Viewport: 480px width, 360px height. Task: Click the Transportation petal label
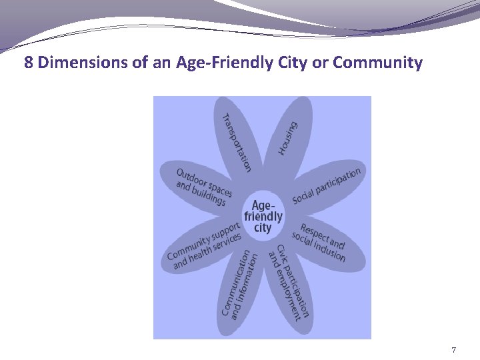[x=237, y=142]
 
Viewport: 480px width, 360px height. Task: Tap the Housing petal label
[x=288, y=138]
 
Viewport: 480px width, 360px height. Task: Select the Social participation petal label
[x=327, y=186]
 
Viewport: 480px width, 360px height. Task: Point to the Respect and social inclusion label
[x=319, y=241]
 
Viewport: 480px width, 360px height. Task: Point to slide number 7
[x=453, y=350]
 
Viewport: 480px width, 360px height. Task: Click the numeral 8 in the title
[x=29, y=63]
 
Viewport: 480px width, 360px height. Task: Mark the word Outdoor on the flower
[x=191, y=177]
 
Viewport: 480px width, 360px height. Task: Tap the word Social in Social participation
[x=303, y=197]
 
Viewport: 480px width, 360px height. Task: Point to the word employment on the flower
[x=284, y=291]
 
